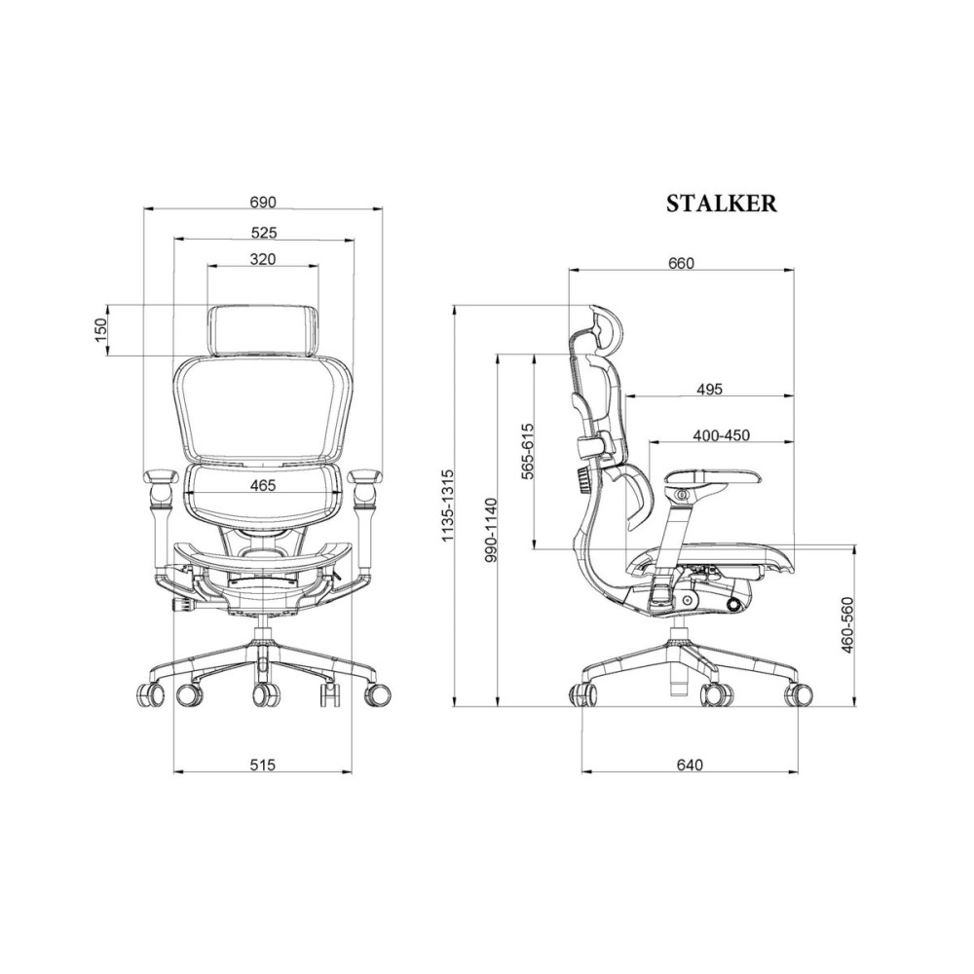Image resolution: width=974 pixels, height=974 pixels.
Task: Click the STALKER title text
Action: pos(721,204)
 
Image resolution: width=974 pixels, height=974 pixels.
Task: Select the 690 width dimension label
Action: pos(262,203)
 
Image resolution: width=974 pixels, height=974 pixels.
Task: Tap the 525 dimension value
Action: pos(263,233)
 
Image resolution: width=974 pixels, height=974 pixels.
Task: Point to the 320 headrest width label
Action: pos(263,259)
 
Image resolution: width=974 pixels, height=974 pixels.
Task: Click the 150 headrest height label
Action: pos(100,330)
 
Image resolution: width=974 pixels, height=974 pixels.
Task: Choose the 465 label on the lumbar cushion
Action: pos(263,485)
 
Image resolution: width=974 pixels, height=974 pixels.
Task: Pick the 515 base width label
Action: pos(262,764)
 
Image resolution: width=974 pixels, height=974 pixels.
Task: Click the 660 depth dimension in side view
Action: pos(681,263)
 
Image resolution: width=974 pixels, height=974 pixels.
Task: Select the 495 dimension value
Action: pos(709,389)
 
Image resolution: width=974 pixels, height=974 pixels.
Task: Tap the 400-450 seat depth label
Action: pos(721,435)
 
